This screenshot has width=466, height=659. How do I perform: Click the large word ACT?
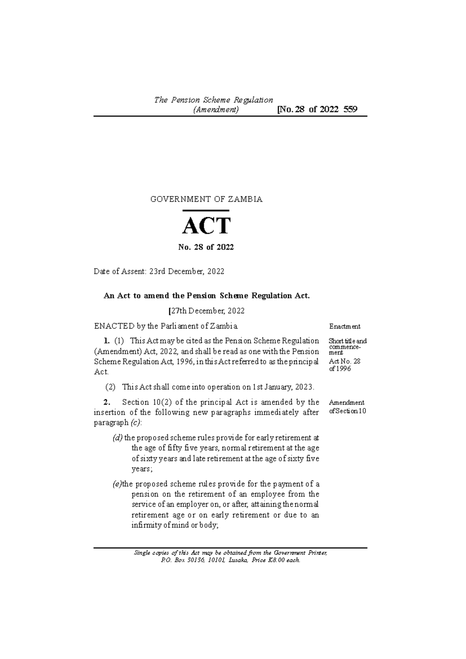tap(207, 226)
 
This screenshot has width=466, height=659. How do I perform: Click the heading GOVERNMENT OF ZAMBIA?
tap(206, 199)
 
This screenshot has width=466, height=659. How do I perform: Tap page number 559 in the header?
tap(350, 109)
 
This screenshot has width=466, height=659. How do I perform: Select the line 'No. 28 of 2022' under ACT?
tap(206, 247)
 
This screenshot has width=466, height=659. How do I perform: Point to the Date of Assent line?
tap(159, 272)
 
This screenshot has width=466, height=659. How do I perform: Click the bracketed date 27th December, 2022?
tap(206, 311)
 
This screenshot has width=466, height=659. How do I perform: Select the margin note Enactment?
tap(344, 326)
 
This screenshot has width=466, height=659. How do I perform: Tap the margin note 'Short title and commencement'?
tap(347, 347)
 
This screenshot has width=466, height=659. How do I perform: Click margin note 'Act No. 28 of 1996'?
tap(344, 365)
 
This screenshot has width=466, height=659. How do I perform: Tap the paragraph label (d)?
tap(117, 438)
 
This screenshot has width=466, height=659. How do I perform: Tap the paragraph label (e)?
tap(116, 484)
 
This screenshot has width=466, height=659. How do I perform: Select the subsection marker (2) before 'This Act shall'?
tap(111, 387)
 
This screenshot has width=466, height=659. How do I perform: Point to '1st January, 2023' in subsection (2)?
tap(282, 387)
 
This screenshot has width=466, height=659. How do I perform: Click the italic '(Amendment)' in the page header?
tap(216, 110)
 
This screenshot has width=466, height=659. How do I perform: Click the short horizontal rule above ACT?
tap(205, 211)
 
